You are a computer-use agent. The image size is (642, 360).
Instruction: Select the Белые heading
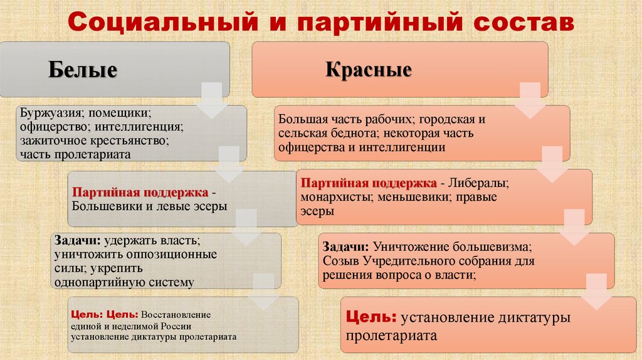click(83, 70)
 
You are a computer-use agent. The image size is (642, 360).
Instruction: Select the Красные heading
click(369, 68)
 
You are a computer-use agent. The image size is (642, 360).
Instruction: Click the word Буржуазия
click(51, 114)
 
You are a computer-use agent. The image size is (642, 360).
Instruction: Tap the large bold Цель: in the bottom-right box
click(371, 317)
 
